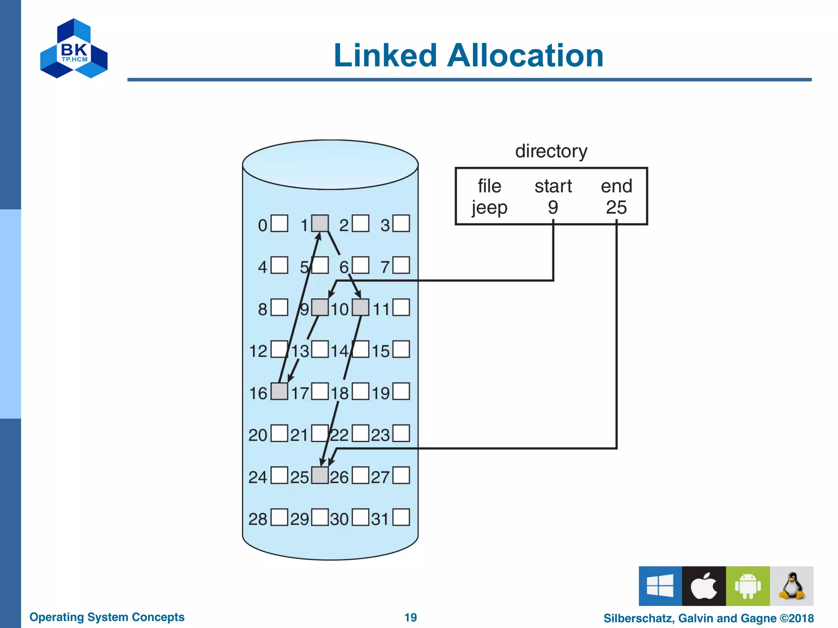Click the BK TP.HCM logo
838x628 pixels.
(x=74, y=49)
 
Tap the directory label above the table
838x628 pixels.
(x=551, y=151)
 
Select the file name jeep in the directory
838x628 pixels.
(x=489, y=207)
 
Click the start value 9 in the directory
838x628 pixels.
(x=553, y=207)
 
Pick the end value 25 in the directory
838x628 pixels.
(x=616, y=207)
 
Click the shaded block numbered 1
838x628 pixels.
(x=320, y=224)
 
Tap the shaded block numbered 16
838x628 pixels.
(x=279, y=391)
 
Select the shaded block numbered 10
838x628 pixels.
(x=360, y=307)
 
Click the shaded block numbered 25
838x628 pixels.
(x=320, y=475)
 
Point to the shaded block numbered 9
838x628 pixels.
(x=320, y=307)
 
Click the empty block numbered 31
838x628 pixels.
(x=401, y=517)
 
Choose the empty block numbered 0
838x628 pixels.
(x=279, y=224)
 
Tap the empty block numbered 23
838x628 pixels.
(x=401, y=433)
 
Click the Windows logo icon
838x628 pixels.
(x=660, y=586)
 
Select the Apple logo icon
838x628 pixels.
(x=704, y=586)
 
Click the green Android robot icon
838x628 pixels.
(x=748, y=586)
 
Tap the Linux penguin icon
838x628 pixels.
(x=792, y=586)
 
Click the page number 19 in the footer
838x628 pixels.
(x=410, y=617)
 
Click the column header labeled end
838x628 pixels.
(x=616, y=186)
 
